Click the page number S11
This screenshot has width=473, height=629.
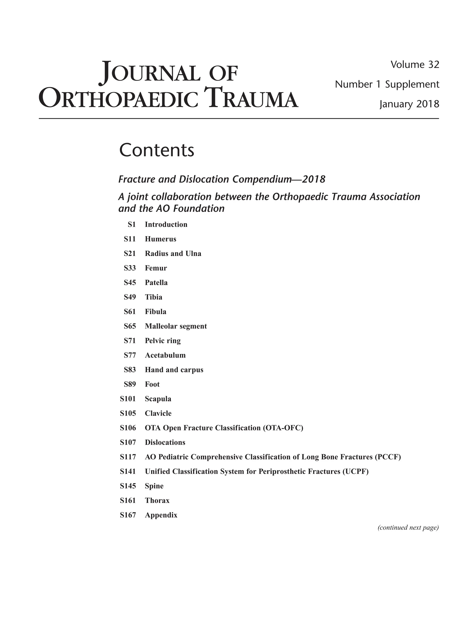click(x=130, y=239)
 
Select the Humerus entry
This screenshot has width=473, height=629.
click(x=161, y=239)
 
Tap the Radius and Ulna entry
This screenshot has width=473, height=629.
click(x=173, y=254)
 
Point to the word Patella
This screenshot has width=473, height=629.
click(x=156, y=283)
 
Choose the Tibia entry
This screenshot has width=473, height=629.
click(x=153, y=297)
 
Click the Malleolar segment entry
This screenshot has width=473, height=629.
click(x=176, y=326)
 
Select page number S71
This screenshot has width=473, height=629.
click(x=130, y=341)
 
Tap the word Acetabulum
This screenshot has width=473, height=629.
click(x=165, y=355)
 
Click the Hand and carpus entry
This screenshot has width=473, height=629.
click(x=174, y=370)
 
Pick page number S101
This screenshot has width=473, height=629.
click(x=128, y=399)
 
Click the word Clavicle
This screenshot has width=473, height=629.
click(x=158, y=413)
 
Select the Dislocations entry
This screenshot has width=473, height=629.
click(x=165, y=442)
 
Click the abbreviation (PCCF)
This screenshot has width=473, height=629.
click(x=388, y=457)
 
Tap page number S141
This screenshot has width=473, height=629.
click(x=128, y=471)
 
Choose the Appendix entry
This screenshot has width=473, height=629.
click(x=161, y=515)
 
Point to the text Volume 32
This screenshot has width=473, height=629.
click(x=415, y=65)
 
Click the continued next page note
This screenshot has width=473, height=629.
click(x=408, y=528)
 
